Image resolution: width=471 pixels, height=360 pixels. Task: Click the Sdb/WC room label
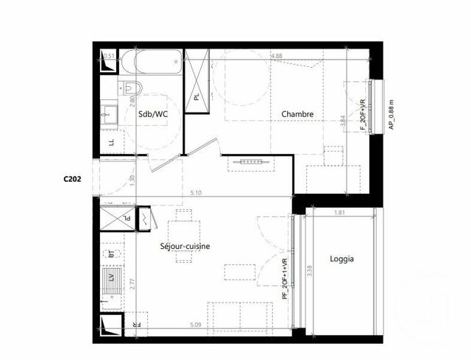pos(150,113)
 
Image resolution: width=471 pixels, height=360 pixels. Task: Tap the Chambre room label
pos(298,114)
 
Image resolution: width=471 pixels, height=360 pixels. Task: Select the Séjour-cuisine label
pos(185,247)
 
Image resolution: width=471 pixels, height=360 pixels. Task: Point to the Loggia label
pos(342,258)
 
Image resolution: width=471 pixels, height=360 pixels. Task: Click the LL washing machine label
pos(111,143)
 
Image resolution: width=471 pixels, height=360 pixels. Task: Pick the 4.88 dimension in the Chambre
pos(277,55)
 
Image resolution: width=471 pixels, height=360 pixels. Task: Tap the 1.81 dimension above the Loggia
pos(339,213)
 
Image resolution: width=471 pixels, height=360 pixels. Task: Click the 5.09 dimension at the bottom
pos(195,324)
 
